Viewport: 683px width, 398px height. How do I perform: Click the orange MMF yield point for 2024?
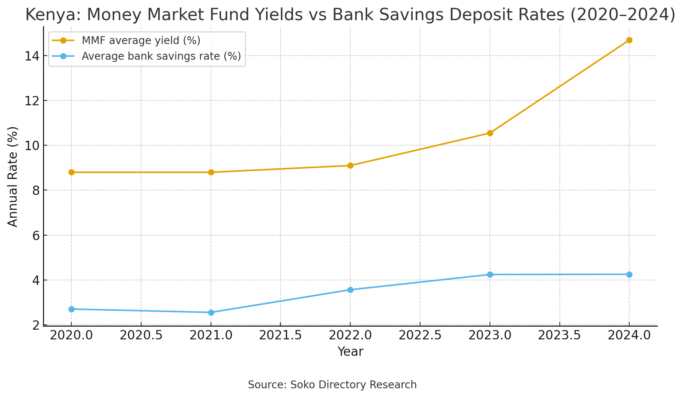click(629, 40)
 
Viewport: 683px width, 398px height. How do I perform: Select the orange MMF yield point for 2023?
click(490, 133)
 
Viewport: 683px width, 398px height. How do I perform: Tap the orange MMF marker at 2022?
click(350, 165)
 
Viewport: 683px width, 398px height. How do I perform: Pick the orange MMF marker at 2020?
click(71, 172)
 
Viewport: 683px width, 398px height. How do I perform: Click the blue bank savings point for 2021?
click(211, 313)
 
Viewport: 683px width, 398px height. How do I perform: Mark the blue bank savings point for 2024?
click(629, 274)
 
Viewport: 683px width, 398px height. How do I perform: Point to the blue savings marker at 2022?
click(350, 290)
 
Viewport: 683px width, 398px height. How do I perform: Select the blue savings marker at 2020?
click(71, 309)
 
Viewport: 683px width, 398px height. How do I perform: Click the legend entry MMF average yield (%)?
click(141, 40)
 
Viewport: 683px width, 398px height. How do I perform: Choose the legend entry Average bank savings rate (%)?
click(161, 56)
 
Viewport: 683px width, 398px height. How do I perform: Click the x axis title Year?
click(350, 352)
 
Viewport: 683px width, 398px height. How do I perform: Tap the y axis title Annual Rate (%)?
click(13, 176)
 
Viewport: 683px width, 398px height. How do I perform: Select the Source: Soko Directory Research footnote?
click(332, 385)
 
